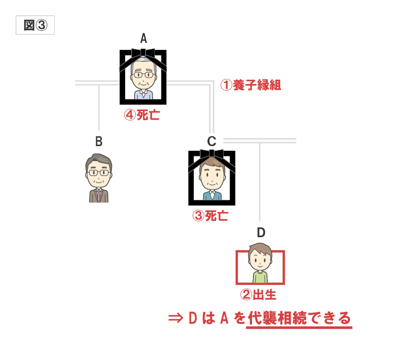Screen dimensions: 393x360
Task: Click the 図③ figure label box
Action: pos(35,25)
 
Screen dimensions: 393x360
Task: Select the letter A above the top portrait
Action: pos(143,38)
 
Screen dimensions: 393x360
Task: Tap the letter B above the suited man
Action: pos(99,141)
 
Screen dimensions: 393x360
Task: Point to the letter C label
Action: pos(212,141)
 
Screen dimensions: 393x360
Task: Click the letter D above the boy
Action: pos(261,233)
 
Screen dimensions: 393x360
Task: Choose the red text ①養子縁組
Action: pos(251,85)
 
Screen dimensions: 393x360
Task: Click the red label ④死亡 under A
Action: pos(142,115)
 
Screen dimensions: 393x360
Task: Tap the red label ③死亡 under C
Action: pos(211,216)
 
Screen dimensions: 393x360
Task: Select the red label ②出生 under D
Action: pos(259,295)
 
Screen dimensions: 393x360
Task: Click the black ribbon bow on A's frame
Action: pos(143,53)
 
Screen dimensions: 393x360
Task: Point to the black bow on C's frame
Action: pos(212,154)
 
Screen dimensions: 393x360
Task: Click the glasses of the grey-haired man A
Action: pos(143,75)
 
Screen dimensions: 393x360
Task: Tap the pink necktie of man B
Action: pos(99,196)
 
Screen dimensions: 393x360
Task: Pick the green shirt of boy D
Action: pos(260,277)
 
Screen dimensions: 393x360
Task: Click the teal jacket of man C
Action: pos(212,196)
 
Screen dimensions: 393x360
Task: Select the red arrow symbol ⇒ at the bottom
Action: pos(175,318)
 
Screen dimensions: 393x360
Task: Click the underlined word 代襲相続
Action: pos(277,318)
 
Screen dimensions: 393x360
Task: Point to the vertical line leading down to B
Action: pos(99,107)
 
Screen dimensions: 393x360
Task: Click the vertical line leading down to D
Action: pos(260,182)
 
